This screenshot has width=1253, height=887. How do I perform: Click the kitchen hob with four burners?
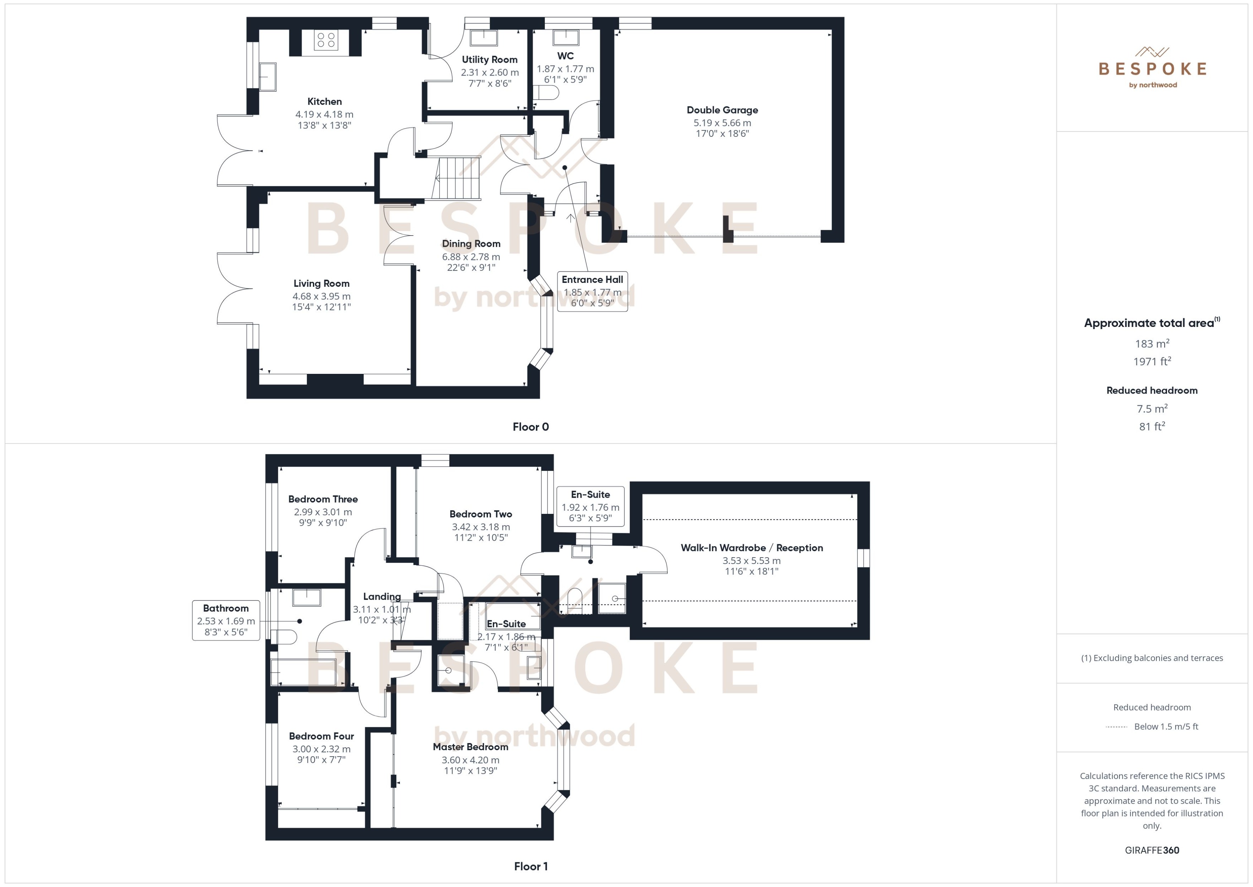(x=326, y=40)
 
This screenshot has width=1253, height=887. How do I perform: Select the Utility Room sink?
(x=483, y=38)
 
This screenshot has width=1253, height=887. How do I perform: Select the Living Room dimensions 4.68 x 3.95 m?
(x=321, y=296)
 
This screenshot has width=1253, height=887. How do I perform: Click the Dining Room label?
(x=471, y=244)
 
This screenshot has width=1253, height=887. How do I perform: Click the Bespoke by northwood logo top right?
(x=1152, y=68)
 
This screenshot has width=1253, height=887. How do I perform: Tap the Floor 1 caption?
(x=530, y=866)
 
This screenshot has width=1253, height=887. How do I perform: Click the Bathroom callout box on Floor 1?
(x=226, y=620)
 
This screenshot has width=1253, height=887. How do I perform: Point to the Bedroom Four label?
(x=321, y=736)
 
